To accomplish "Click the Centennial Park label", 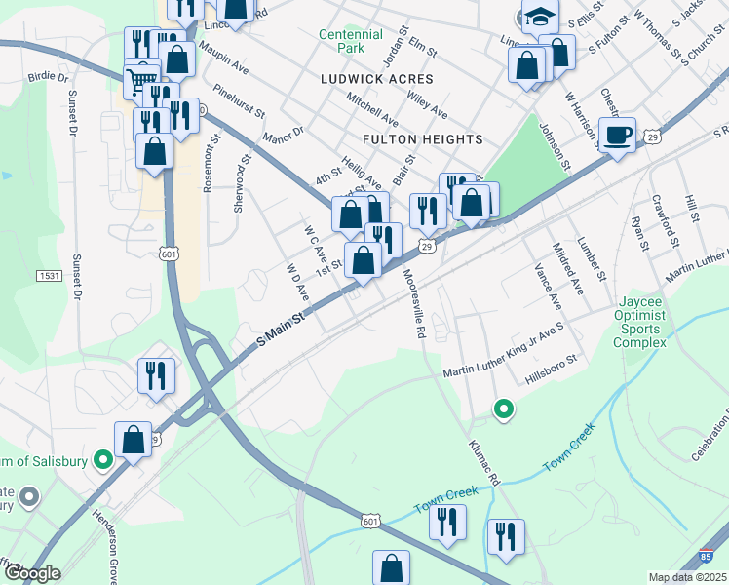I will click(341, 40).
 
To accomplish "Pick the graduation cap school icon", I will click(540, 17).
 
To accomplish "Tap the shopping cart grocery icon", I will click(142, 80).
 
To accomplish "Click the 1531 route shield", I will click(49, 277).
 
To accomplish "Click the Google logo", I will click(30, 573).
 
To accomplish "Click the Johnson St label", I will click(554, 147).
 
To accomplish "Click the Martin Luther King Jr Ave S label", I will click(504, 361).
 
